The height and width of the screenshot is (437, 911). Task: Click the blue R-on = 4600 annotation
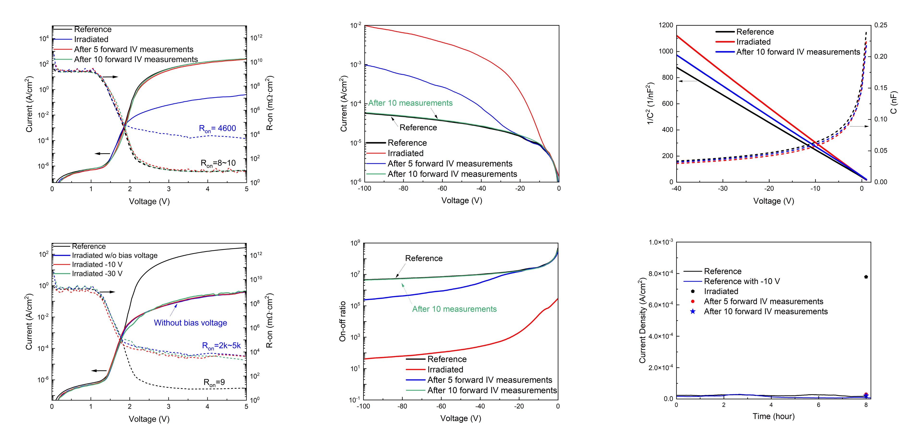click(x=217, y=129)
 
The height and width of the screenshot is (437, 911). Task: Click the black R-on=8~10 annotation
click(x=218, y=163)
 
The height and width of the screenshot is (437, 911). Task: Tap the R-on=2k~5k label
click(x=221, y=346)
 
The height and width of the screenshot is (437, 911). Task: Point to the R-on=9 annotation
click(x=214, y=382)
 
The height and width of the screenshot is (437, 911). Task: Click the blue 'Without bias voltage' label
click(x=190, y=323)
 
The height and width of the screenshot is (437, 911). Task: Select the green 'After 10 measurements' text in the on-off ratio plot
click(x=454, y=309)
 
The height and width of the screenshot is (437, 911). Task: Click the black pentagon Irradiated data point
click(x=866, y=277)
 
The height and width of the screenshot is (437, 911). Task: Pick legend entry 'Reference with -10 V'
click(x=742, y=281)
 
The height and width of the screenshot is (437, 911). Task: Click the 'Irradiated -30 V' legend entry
click(x=97, y=274)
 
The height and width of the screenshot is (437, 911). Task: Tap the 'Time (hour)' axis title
click(x=773, y=416)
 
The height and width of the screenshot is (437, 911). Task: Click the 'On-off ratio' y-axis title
click(x=342, y=321)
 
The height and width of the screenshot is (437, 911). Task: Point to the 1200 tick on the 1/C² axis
click(x=666, y=25)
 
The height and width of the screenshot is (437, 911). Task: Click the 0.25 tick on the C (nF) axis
click(x=881, y=25)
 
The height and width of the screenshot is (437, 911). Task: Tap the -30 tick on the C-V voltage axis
click(x=723, y=189)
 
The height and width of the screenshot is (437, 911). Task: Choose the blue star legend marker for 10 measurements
click(x=693, y=311)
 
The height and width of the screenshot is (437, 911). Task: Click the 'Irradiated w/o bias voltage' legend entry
click(x=115, y=255)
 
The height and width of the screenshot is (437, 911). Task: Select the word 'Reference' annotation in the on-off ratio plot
click(x=424, y=258)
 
